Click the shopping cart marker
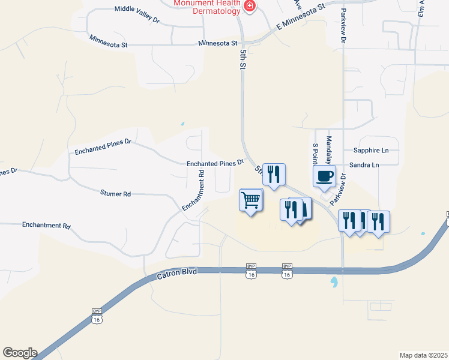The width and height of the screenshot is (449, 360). point(252,200)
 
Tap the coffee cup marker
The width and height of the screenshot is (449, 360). point(325,176)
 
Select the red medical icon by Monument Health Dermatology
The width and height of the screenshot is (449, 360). point(250,7)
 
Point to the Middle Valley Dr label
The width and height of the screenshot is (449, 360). point(137,14)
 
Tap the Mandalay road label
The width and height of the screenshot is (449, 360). point(328,150)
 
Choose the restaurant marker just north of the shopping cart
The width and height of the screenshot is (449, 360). point(274,175)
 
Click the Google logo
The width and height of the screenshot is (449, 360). point(19,353)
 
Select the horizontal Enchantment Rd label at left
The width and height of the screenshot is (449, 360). point(46,226)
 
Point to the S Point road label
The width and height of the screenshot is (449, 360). point(315,153)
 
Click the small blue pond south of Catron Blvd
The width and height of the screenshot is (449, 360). point(333,280)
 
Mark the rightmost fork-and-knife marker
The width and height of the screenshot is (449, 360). point(379,221)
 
